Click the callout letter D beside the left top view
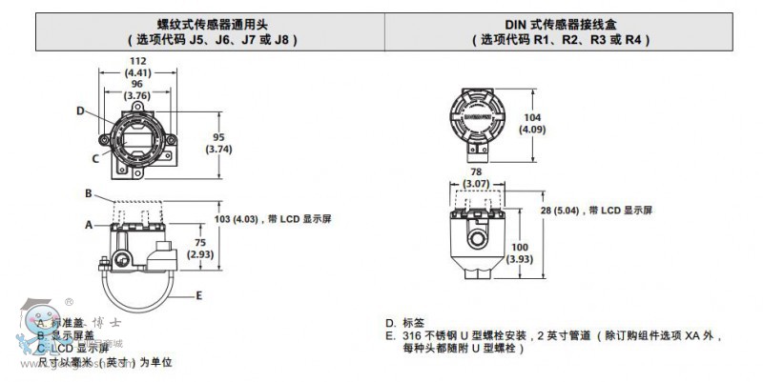(x=81, y=111)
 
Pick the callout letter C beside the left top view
(x=95, y=159)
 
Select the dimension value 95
(x=219, y=136)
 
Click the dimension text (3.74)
(x=219, y=149)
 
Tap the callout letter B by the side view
(x=88, y=194)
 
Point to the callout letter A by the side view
(x=88, y=225)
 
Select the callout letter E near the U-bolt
(x=198, y=296)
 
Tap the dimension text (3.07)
(x=475, y=182)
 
